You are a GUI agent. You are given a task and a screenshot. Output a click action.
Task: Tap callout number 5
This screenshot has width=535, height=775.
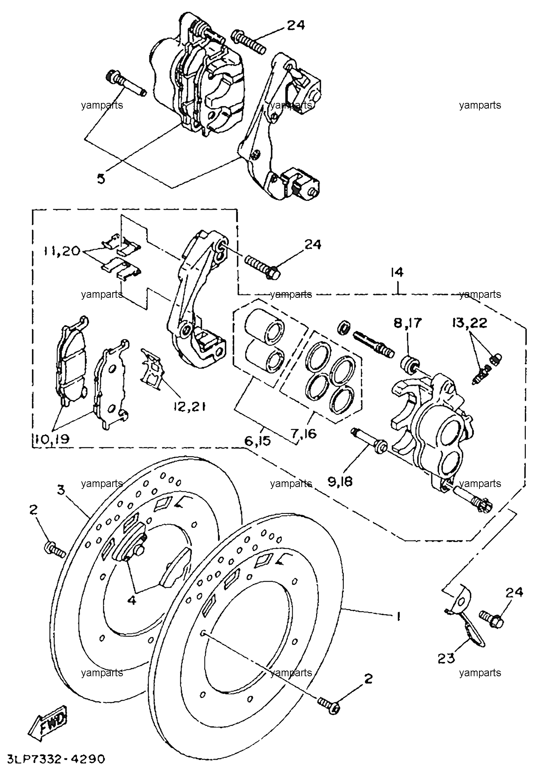point(101,179)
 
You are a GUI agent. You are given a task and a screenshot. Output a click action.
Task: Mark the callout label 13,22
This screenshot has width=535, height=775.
point(469,323)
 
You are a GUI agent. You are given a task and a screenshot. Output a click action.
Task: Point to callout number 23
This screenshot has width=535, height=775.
point(446,659)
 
